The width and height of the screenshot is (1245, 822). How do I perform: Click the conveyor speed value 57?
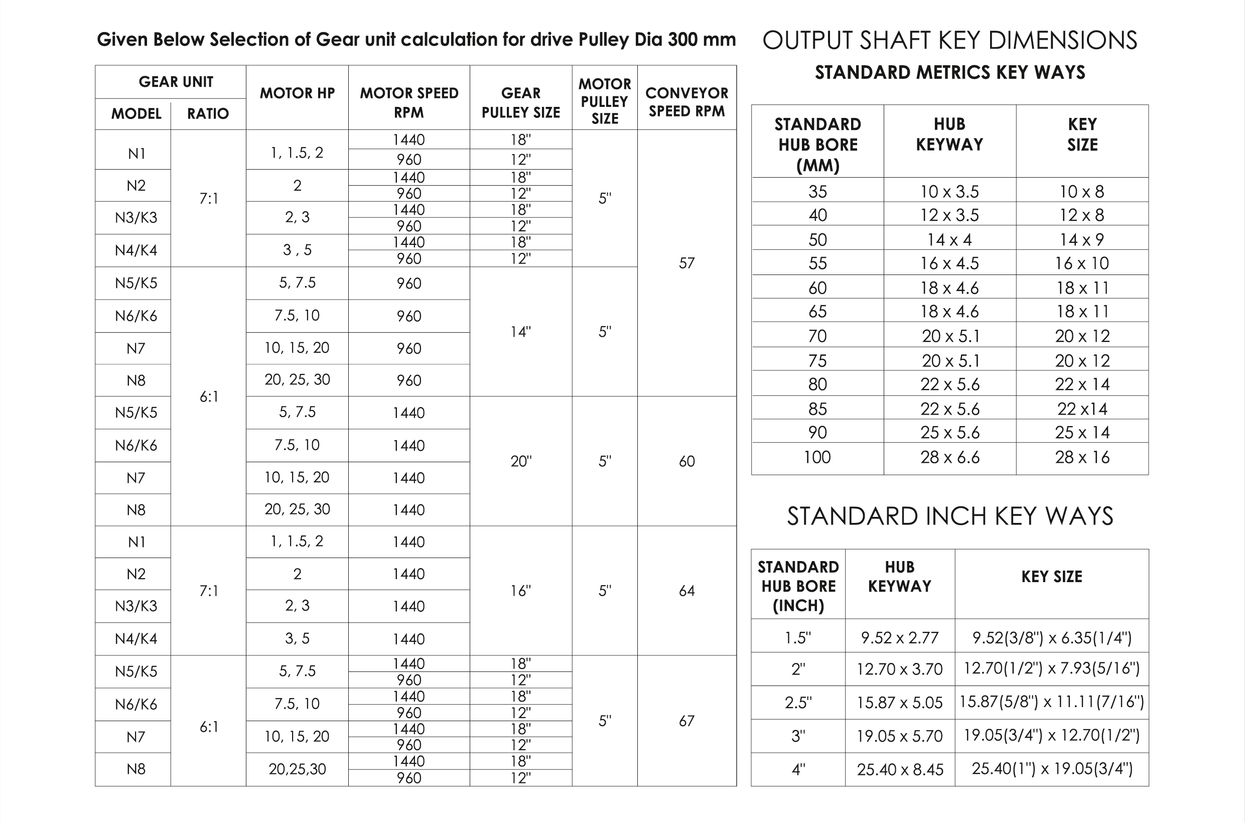(x=686, y=262)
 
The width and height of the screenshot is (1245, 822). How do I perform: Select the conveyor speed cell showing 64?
(x=686, y=591)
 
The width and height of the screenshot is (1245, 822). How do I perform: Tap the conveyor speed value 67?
(x=686, y=721)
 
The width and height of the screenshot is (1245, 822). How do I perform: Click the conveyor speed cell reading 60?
(x=686, y=461)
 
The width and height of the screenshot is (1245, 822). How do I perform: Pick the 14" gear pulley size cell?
(x=520, y=331)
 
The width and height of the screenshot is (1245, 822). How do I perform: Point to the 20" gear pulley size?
(x=520, y=461)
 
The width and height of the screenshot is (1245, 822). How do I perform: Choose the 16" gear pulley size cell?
(x=520, y=591)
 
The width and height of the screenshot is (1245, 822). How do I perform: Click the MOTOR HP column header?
(x=297, y=93)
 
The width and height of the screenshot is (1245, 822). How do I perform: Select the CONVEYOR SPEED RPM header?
(x=686, y=102)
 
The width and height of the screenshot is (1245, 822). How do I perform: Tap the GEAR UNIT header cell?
(x=176, y=82)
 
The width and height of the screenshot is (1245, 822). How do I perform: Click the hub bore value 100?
(x=817, y=457)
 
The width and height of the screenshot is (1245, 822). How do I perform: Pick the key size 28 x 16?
(x=1082, y=457)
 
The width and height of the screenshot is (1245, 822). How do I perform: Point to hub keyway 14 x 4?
(x=949, y=239)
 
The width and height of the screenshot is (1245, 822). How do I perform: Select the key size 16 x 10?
(x=1082, y=263)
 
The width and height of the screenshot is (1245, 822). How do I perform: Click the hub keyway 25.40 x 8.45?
(x=900, y=769)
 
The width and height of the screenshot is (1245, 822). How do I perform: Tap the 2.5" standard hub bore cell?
(x=798, y=703)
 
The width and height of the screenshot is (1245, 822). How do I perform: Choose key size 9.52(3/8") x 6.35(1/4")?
(x=1052, y=637)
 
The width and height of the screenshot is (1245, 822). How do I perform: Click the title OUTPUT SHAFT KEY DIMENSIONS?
(x=949, y=40)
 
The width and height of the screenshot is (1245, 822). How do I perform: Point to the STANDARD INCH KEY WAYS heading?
(x=950, y=516)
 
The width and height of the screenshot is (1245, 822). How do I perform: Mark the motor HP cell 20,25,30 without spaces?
(x=297, y=769)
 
